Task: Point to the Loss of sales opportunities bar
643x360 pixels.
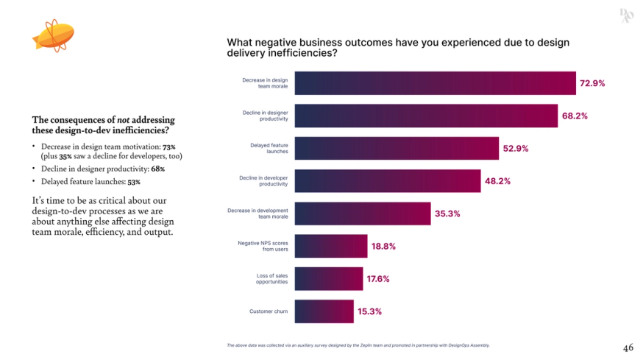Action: pyautogui.click(x=328, y=279)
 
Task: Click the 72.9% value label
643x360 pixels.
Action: pyautogui.click(x=592, y=83)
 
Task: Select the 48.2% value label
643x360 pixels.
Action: pyautogui.click(x=497, y=181)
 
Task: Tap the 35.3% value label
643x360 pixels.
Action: pyautogui.click(x=447, y=213)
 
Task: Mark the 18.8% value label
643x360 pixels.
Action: pyautogui.click(x=383, y=247)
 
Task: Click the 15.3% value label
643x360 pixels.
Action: pyautogui.click(x=369, y=311)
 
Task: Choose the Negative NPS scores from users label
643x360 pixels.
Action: pyautogui.click(x=263, y=246)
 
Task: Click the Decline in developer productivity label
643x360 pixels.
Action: pyautogui.click(x=263, y=181)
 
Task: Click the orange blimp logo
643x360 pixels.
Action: pyautogui.click(x=53, y=36)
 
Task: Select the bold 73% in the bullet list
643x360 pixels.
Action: pyautogui.click(x=169, y=147)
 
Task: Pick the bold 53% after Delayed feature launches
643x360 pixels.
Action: pyautogui.click(x=133, y=181)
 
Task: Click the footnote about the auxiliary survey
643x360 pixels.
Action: pyautogui.click(x=358, y=345)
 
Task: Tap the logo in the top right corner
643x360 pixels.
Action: pyautogui.click(x=625, y=15)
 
